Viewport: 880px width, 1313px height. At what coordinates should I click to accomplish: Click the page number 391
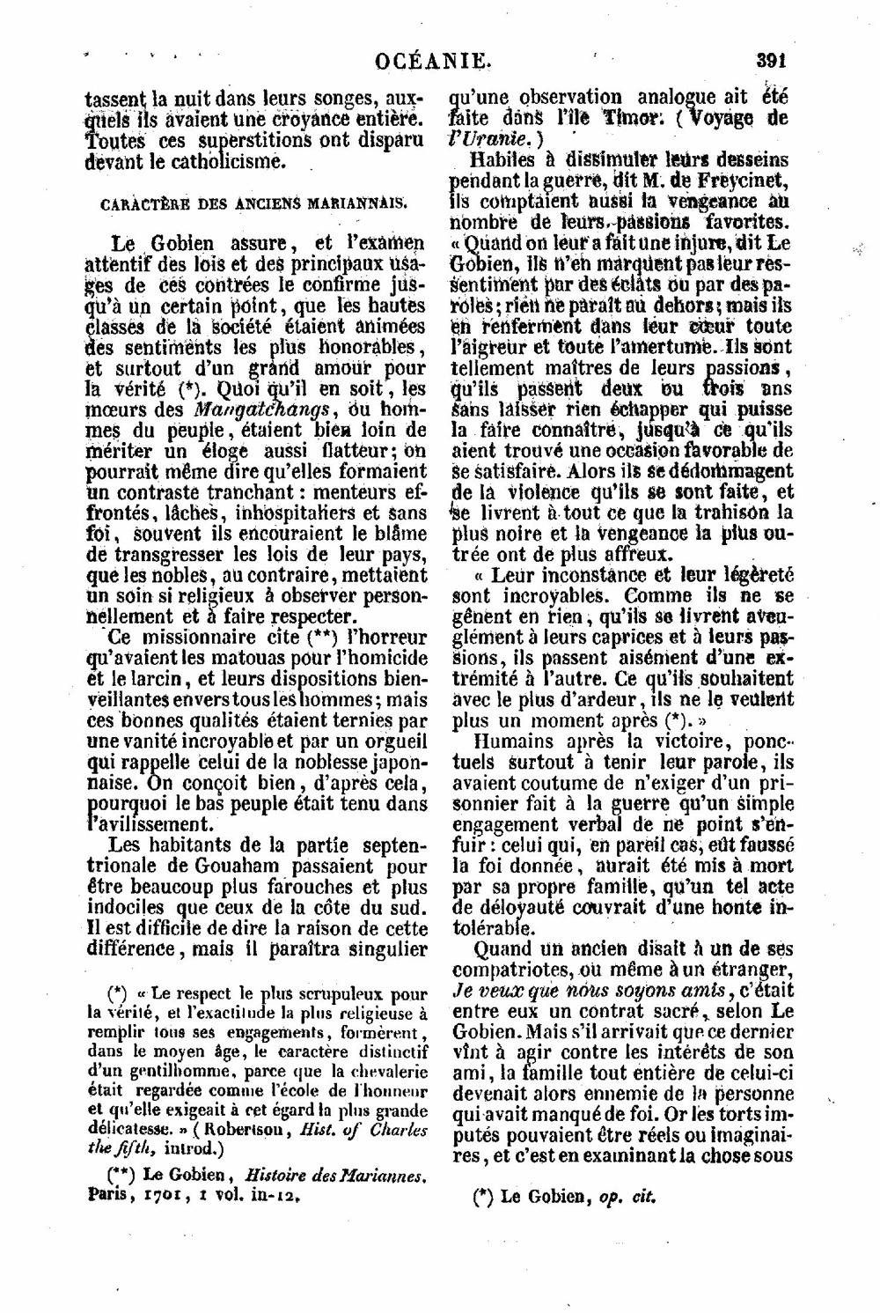pyautogui.click(x=770, y=61)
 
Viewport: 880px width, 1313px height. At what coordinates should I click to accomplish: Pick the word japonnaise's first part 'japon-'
pyautogui.click(x=391, y=761)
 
